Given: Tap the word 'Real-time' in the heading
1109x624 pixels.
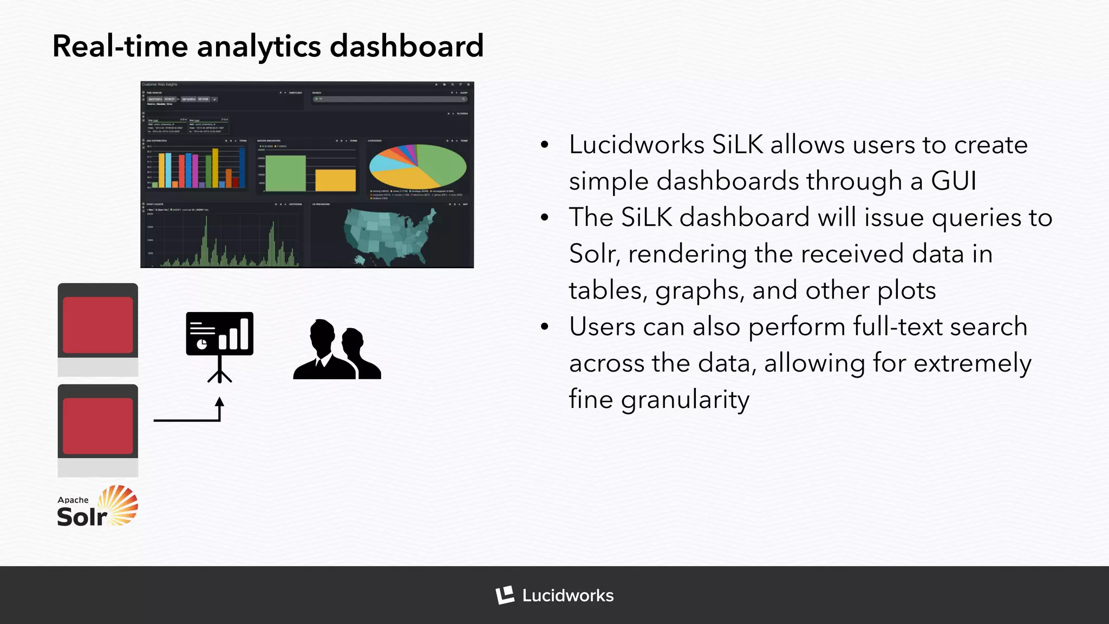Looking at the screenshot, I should [119, 46].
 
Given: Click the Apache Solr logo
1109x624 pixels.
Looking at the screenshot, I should [97, 506].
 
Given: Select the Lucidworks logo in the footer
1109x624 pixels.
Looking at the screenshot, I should [554, 595].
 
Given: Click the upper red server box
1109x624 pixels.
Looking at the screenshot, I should [98, 325].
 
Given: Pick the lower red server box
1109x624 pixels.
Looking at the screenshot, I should [98, 426].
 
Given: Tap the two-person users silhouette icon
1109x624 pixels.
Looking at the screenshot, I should [337, 349].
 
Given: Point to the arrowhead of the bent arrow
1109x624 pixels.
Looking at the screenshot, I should [219, 402].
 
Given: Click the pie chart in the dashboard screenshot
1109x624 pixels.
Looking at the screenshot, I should [417, 166].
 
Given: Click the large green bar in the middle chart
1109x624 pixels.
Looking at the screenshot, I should [285, 173].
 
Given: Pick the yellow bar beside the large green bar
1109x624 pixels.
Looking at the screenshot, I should [335, 180].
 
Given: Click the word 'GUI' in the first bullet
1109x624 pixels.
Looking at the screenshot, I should [954, 181].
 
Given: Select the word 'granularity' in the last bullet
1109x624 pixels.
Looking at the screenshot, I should [685, 400].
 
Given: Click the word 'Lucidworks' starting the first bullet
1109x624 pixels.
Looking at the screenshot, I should [637, 145].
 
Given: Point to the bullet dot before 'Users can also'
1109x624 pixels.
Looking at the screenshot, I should [545, 327].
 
